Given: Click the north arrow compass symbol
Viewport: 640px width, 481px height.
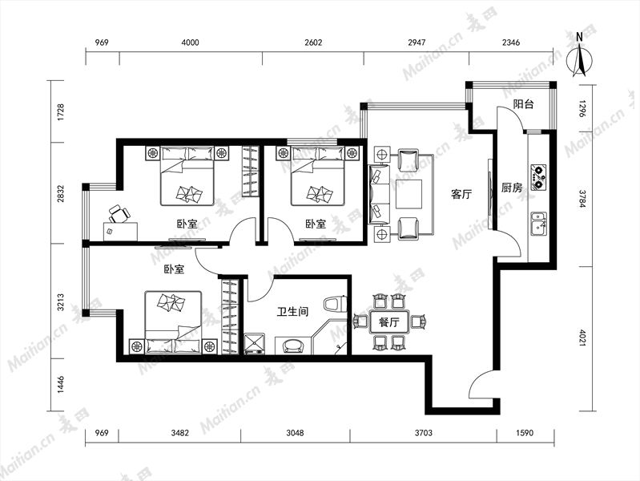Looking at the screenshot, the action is click(579, 57).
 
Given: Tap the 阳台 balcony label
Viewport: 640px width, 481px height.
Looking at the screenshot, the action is click(523, 104).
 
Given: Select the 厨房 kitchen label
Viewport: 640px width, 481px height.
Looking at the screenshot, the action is click(512, 188).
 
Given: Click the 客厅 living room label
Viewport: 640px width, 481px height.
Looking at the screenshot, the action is click(461, 194).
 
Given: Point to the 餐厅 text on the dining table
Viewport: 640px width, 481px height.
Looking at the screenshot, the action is click(388, 322).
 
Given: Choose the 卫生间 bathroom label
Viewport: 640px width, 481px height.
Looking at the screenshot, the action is click(292, 312).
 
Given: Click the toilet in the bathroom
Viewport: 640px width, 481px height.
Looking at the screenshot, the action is click(335, 304).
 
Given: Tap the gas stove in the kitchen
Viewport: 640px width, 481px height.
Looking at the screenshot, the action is click(539, 177).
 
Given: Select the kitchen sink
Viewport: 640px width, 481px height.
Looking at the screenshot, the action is click(539, 224).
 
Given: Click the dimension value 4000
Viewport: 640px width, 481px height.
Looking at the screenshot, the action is click(190, 42).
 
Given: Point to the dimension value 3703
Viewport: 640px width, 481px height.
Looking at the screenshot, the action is click(423, 433).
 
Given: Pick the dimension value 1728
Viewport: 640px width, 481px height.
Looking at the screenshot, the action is click(61, 112).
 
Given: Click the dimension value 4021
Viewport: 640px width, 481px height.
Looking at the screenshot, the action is click(582, 338).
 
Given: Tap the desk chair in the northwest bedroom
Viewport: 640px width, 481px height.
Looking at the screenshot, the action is click(119, 214).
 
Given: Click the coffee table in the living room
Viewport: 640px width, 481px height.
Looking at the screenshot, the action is click(409, 194).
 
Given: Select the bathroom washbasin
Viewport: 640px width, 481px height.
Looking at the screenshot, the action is click(292, 346).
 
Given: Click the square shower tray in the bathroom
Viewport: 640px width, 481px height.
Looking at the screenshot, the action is click(254, 344).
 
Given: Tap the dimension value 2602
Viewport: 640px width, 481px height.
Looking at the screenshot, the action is click(313, 42).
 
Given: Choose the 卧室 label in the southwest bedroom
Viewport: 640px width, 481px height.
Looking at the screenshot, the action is click(174, 269).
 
